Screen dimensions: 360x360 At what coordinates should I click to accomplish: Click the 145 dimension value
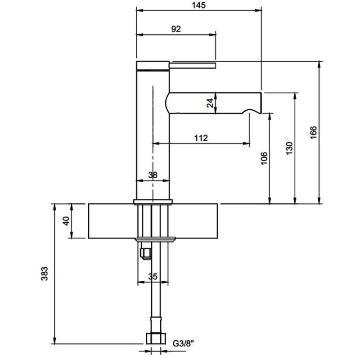(x=199, y=5)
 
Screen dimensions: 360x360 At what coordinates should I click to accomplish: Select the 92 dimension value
(x=176, y=29)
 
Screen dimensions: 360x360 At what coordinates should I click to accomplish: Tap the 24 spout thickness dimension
(x=210, y=103)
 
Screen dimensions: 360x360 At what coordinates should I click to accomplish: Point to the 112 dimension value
(x=201, y=138)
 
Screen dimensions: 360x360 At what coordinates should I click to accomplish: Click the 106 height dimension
(x=264, y=158)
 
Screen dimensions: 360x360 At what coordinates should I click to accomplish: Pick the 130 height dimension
(x=289, y=148)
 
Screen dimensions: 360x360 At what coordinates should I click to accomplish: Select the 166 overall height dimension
(x=313, y=132)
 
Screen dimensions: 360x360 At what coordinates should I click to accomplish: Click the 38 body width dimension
(x=153, y=175)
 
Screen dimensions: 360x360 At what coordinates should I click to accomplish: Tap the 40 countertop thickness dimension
(x=66, y=221)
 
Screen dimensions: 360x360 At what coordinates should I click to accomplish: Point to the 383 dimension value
(x=44, y=274)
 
